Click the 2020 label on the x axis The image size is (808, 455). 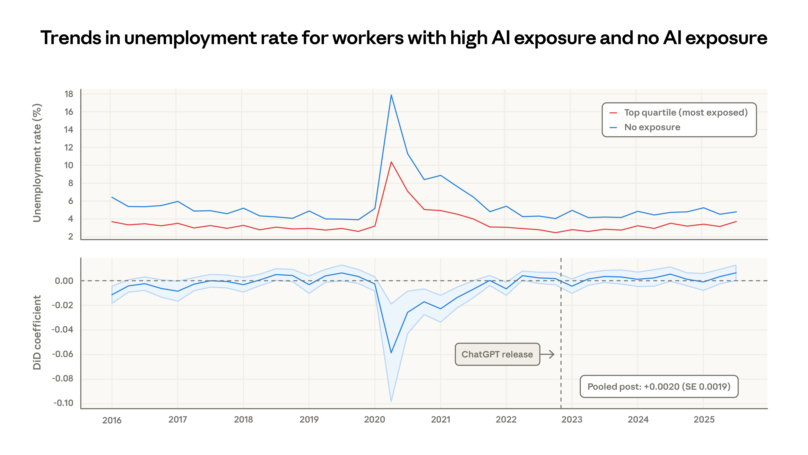pyautogui.click(x=375, y=420)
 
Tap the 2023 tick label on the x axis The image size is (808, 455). pyautogui.click(x=572, y=420)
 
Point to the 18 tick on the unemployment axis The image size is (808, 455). pyautogui.click(x=69, y=94)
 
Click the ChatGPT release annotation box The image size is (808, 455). pyautogui.click(x=497, y=354)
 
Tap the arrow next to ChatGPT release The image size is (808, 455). pyautogui.click(x=547, y=354)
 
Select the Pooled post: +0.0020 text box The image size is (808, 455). pyautogui.click(x=659, y=387)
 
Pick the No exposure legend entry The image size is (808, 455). pyautogui.click(x=652, y=127)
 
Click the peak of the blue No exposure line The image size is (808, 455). pyautogui.click(x=391, y=95)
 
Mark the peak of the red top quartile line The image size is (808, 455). pyautogui.click(x=391, y=162)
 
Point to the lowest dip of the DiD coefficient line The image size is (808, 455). pyautogui.click(x=391, y=353)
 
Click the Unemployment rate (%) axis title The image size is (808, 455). pyautogui.click(x=37, y=163)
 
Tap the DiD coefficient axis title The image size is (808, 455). pyautogui.click(x=37, y=332)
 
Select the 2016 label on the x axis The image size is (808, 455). pyautogui.click(x=112, y=420)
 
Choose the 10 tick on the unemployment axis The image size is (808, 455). pyautogui.click(x=69, y=165)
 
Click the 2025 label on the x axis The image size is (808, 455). pyautogui.click(x=704, y=420)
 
